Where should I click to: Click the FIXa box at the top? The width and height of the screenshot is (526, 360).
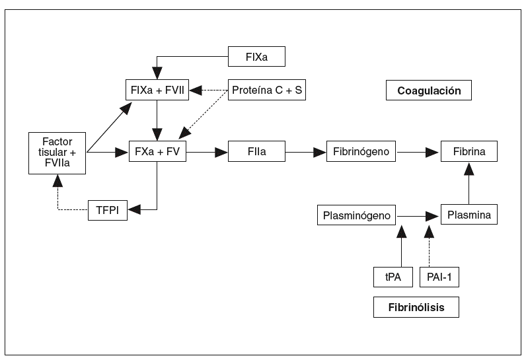click(256, 57)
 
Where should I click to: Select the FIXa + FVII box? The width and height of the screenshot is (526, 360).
click(157, 89)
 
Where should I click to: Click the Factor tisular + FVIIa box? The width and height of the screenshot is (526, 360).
click(57, 153)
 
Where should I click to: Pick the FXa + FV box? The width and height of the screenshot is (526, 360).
click(157, 152)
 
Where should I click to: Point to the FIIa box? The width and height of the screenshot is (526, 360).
click(256, 152)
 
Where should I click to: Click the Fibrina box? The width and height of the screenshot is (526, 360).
click(469, 152)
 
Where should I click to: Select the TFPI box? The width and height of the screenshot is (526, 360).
click(108, 211)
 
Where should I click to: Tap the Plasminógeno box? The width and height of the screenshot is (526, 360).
click(357, 215)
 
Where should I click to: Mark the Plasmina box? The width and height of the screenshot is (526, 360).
click(469, 215)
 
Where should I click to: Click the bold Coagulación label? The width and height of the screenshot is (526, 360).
click(428, 90)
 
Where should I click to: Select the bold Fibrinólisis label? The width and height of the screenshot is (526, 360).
click(415, 307)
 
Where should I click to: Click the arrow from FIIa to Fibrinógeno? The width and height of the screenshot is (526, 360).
click(305, 152)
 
